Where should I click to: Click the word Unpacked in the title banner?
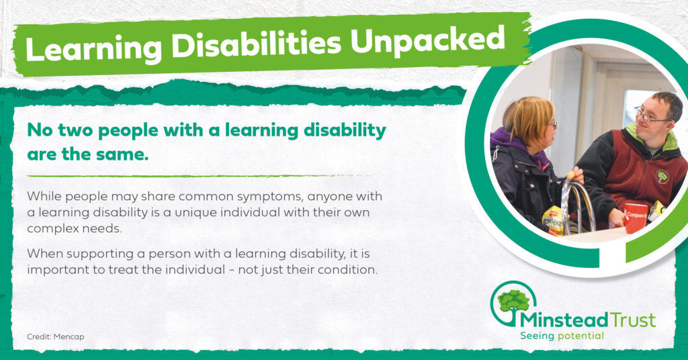click(x=427, y=41)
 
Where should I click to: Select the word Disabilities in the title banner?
click(x=256, y=44)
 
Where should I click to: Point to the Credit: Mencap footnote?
click(x=55, y=336)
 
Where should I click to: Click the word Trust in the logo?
click(x=633, y=320)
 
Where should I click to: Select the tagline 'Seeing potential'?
click(x=562, y=336)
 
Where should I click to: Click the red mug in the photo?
click(x=635, y=217)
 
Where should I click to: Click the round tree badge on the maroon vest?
click(x=662, y=177)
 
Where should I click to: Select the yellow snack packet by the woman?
click(x=553, y=220)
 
